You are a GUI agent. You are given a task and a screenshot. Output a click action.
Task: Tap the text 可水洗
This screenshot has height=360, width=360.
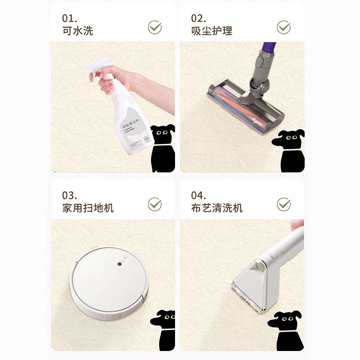click(78, 31)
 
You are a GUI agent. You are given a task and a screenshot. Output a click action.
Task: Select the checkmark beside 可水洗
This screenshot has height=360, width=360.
click(155, 27)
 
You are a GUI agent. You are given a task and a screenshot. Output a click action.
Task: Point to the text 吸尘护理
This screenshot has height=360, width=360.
click(211, 31)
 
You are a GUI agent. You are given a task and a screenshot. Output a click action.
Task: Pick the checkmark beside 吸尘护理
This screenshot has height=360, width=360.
click(283, 27)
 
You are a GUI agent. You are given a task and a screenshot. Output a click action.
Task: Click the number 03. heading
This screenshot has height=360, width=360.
click(70, 195)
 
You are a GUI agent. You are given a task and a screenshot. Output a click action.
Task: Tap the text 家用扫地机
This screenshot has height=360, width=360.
click(88, 208)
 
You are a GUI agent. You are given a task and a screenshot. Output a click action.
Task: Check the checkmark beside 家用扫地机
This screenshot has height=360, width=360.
click(155, 204)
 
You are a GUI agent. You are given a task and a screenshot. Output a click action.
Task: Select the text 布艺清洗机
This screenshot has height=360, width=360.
click(216, 208)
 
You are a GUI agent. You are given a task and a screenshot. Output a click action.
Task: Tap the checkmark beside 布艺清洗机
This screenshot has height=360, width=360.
click(283, 204)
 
